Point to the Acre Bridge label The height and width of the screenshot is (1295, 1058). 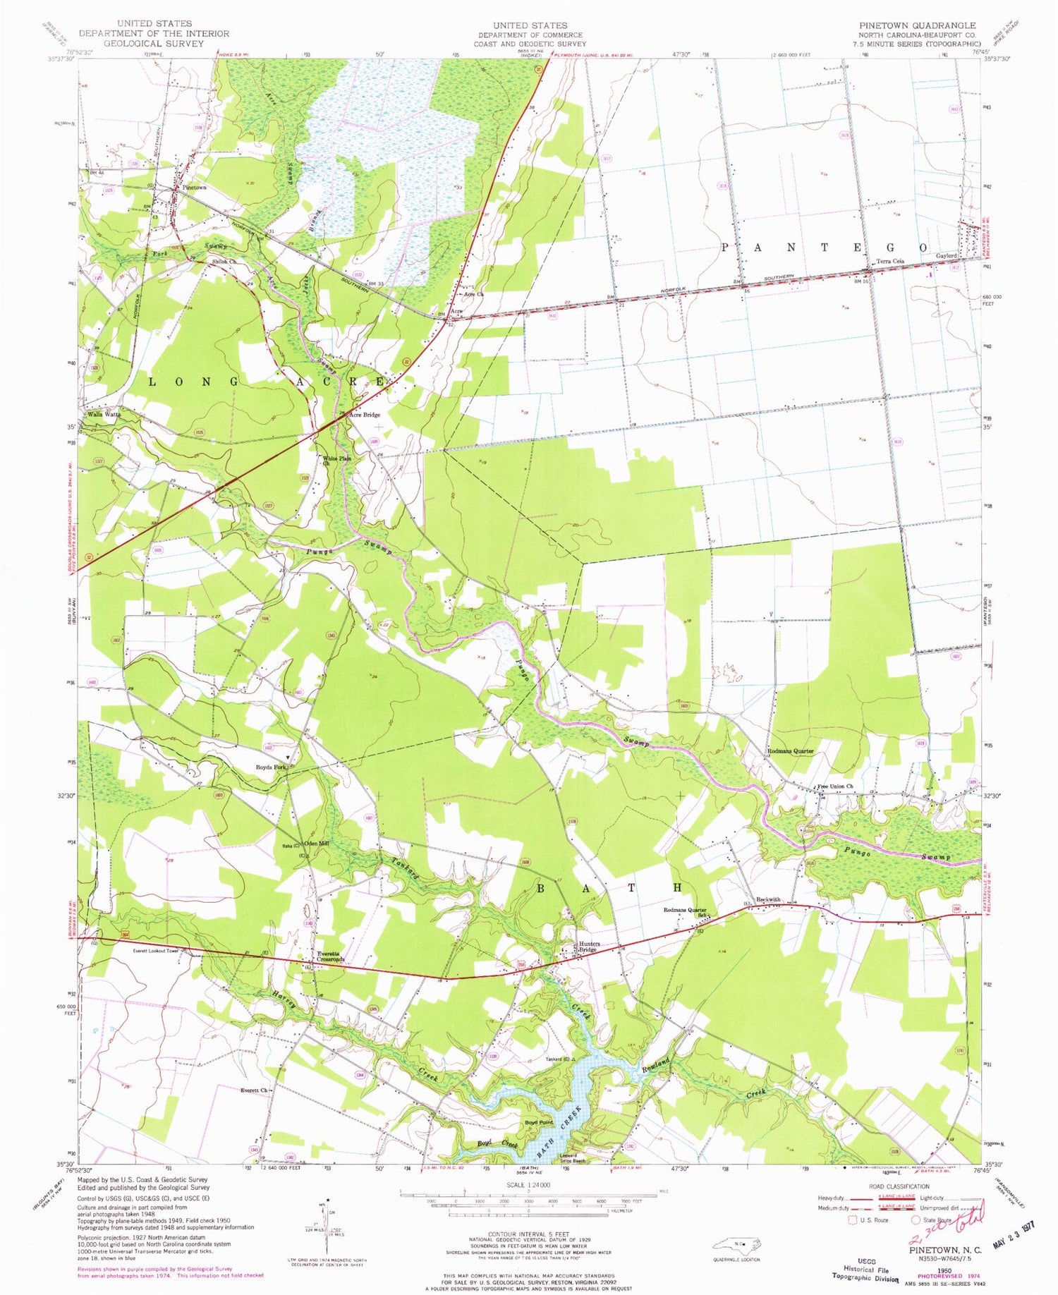click(x=365, y=415)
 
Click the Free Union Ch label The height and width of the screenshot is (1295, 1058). click(x=834, y=786)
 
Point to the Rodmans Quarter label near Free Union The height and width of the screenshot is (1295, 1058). click(x=790, y=751)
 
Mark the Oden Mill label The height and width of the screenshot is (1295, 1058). click(x=317, y=844)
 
